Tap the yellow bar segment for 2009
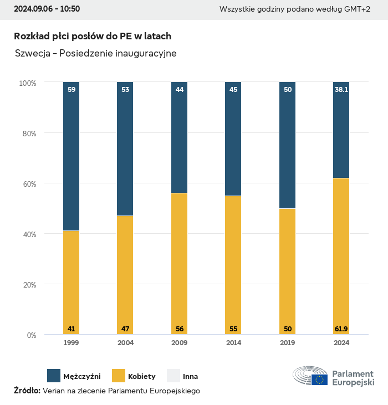[179, 264]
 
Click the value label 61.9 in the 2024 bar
[341, 329]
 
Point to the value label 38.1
[341, 89]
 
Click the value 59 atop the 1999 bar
[71, 89]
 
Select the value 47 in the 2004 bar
[125, 329]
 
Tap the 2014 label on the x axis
[233, 343]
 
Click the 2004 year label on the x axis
[125, 343]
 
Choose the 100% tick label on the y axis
[27, 83]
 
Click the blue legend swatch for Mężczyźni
[54, 376]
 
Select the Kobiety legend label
[141, 376]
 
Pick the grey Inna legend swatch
[173, 376]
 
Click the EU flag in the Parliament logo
[319, 380]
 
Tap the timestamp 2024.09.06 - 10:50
[47, 9]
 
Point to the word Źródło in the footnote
[27, 391]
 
